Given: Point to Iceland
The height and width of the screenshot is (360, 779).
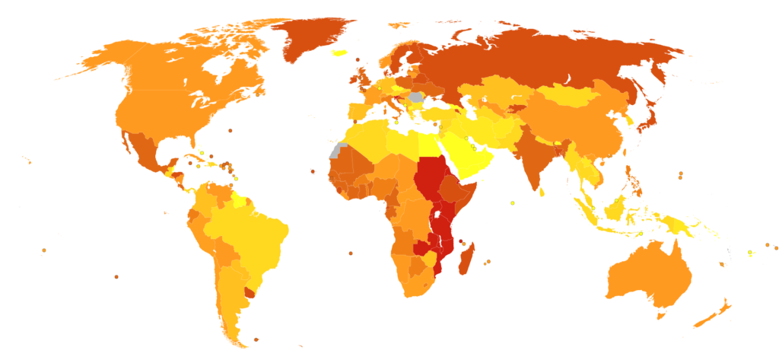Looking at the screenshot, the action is click(x=339, y=53).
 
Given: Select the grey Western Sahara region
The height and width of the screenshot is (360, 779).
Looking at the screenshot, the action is click(x=335, y=151).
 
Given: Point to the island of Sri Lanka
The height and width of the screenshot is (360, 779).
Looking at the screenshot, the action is click(x=542, y=191).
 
